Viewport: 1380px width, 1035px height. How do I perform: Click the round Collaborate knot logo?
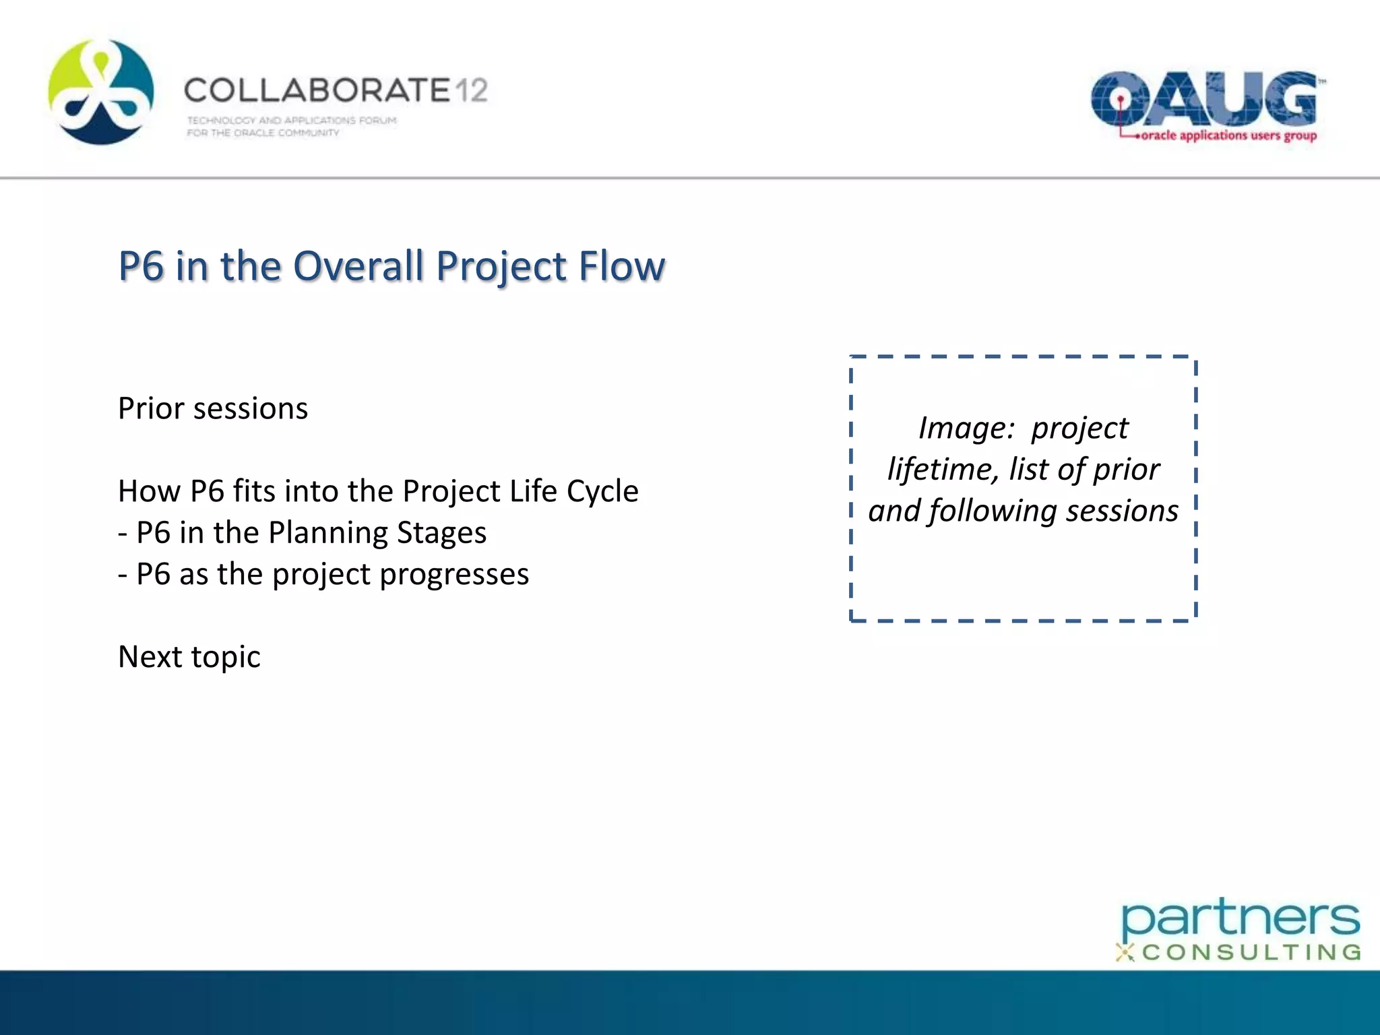[x=101, y=92]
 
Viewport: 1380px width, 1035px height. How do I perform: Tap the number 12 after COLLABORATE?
[x=470, y=90]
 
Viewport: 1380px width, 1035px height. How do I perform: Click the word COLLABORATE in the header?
[x=317, y=90]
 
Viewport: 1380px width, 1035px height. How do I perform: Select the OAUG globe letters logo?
[x=1203, y=100]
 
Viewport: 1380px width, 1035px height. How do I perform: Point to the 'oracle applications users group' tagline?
[x=1228, y=135]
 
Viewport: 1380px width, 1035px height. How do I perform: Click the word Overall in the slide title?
[x=360, y=266]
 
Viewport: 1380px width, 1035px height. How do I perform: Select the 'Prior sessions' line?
[x=213, y=409]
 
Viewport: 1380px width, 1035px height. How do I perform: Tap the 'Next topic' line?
[x=189, y=657]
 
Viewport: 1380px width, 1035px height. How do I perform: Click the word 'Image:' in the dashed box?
[x=966, y=429]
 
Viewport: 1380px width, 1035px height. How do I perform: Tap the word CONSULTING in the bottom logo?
[x=1251, y=953]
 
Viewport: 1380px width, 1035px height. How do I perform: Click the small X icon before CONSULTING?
[x=1125, y=953]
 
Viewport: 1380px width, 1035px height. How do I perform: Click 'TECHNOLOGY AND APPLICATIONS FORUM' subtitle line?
[x=292, y=121]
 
